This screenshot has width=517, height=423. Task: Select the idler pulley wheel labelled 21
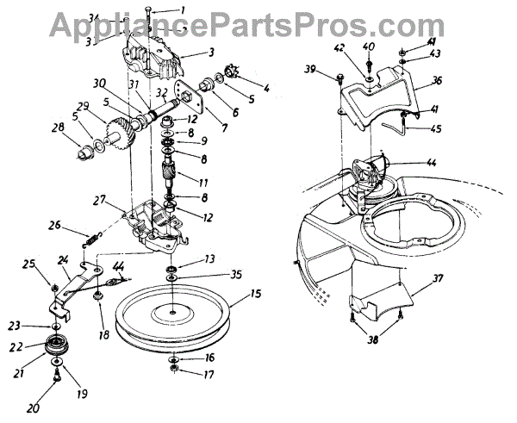[58, 350]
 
